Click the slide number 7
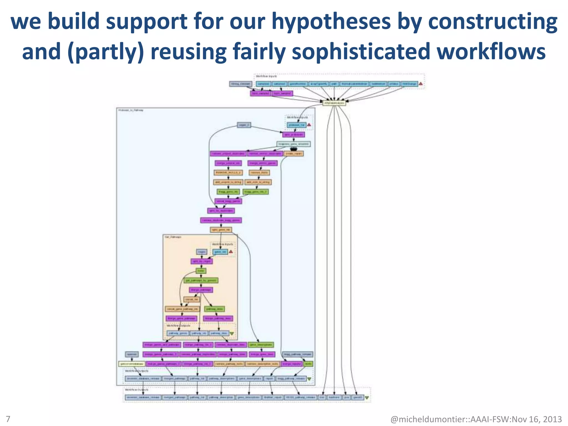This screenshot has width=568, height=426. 8,419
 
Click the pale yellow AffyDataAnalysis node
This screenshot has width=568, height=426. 334,103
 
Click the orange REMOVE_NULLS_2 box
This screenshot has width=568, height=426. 228,173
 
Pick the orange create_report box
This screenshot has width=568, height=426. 294,153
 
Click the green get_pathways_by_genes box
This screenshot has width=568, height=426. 201,280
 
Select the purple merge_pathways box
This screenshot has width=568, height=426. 201,290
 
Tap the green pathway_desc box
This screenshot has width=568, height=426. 214,309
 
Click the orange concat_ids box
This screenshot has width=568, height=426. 191,300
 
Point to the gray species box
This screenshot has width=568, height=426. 131,354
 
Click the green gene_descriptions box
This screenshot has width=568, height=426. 261,345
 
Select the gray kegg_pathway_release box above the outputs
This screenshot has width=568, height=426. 298,354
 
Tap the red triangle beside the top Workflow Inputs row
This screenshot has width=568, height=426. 420,84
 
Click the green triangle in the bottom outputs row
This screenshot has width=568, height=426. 367,398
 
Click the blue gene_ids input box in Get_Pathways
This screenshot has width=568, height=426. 220,252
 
